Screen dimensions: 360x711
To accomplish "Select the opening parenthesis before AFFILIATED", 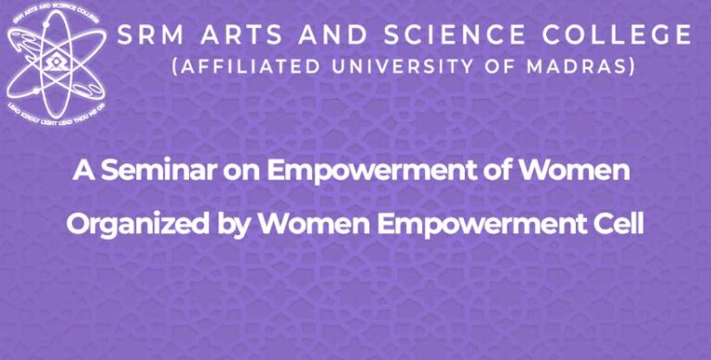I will pos(178,68).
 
